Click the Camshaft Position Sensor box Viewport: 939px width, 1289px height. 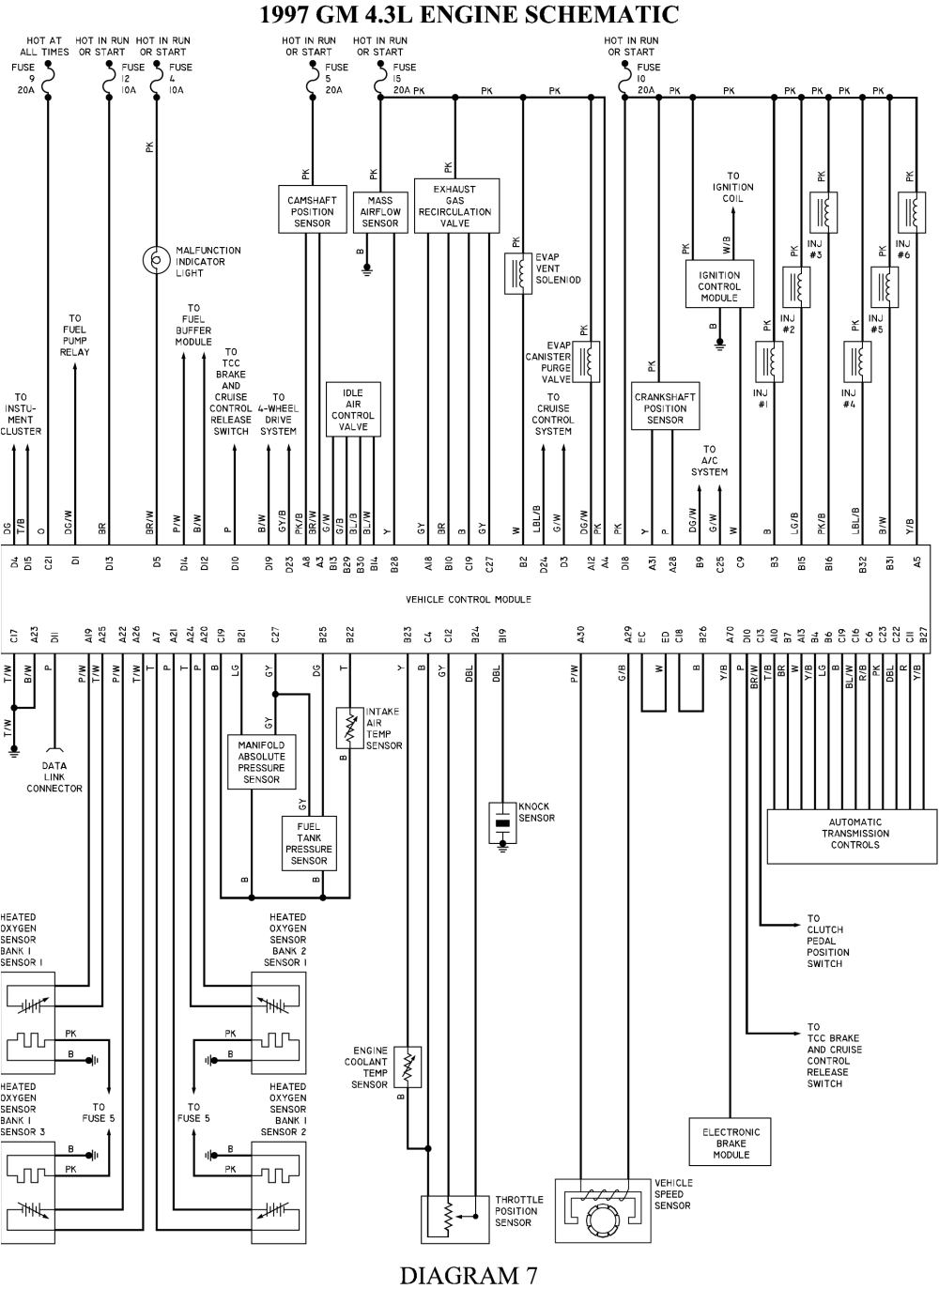pos(312,210)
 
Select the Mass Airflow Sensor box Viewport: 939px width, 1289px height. pos(380,212)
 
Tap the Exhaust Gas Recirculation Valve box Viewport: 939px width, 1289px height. pos(455,206)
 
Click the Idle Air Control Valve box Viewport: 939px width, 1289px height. pos(353,409)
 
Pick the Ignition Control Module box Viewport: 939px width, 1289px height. pos(719,285)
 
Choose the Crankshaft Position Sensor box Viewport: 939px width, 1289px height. pos(665,408)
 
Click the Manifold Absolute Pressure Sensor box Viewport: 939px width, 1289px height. pos(261,762)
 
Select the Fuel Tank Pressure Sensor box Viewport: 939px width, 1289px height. pos(309,843)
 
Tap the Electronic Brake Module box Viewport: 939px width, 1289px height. pos(731,1143)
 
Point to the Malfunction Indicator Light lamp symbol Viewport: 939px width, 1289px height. pos(154,259)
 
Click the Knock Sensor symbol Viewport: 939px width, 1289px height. pos(502,821)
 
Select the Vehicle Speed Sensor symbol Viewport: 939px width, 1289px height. pos(598,1216)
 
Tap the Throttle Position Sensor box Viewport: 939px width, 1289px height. pos(455,1218)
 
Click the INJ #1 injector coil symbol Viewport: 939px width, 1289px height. pos(770,360)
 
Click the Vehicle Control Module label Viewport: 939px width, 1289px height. pos(469,599)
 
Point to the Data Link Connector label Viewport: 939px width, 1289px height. pos(54,777)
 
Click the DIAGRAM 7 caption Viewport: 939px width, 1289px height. pos(469,1274)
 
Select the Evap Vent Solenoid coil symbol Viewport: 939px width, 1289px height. pos(518,273)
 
